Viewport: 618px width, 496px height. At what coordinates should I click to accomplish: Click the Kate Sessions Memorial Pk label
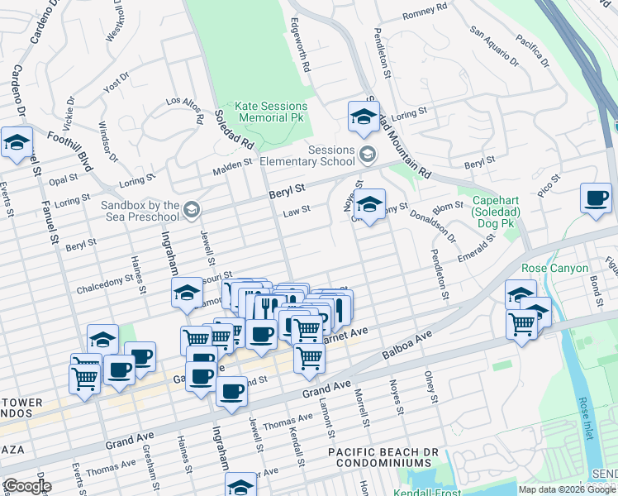(x=270, y=112)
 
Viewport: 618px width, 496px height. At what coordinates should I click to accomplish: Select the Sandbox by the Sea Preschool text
(x=140, y=211)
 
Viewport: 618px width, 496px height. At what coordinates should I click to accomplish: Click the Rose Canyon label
(x=554, y=269)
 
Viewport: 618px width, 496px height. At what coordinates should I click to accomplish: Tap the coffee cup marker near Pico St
(x=596, y=199)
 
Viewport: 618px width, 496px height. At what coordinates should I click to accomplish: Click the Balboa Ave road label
(x=407, y=347)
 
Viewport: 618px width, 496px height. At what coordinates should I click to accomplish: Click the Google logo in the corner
(x=26, y=486)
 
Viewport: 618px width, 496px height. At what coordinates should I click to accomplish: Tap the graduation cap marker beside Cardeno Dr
(x=17, y=142)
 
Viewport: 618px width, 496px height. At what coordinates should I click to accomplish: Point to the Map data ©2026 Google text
(x=567, y=489)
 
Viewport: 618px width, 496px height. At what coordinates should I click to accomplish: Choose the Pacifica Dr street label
(x=531, y=49)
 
